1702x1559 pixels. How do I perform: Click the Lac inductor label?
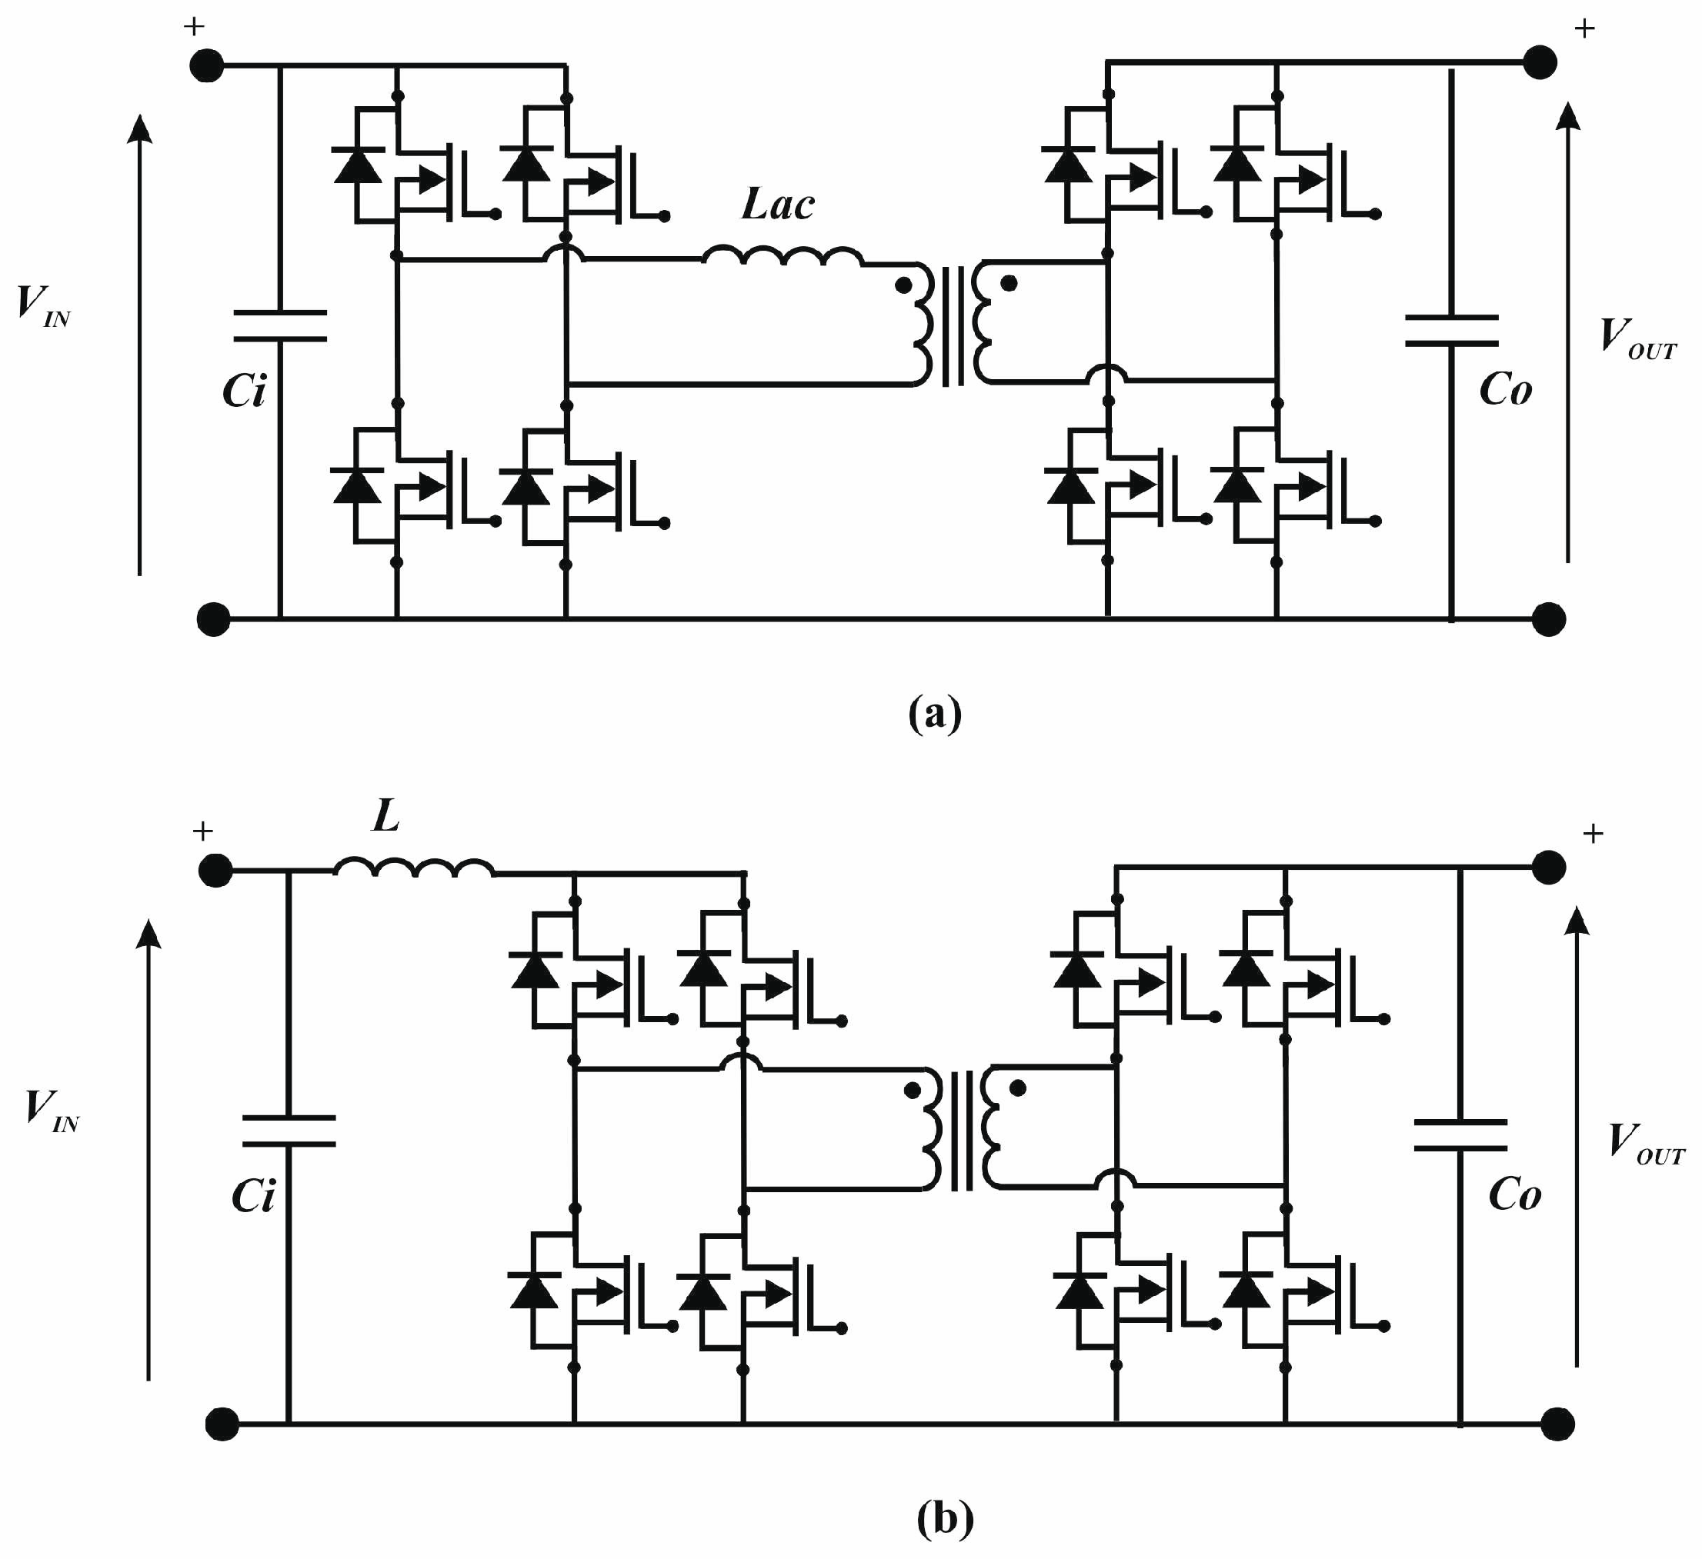pos(778,205)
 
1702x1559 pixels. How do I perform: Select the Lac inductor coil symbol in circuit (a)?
pos(783,256)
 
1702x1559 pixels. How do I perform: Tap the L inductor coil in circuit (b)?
pos(414,868)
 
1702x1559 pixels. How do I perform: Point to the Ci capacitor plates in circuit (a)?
pos(280,326)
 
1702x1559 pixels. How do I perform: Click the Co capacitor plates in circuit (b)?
pos(1460,1136)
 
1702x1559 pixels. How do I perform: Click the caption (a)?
pos(935,714)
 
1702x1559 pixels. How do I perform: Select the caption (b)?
pos(945,1519)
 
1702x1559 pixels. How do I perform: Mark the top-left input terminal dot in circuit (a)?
pos(206,65)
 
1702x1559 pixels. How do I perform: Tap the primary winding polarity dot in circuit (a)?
pos(903,285)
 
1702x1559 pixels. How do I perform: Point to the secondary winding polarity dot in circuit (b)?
pos(1018,1089)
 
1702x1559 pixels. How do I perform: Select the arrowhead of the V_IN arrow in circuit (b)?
pos(149,934)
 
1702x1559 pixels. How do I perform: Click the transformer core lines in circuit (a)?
pos(953,326)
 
